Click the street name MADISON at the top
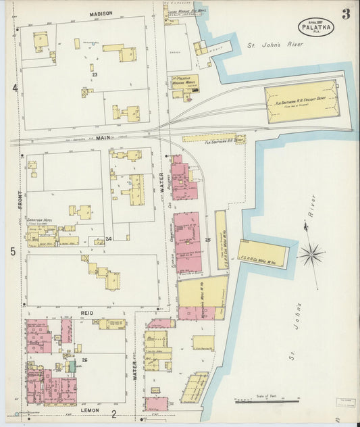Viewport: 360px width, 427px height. [101, 14]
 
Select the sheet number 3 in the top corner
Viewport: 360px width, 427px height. [346, 14]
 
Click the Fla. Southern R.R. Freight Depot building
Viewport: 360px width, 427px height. [301, 101]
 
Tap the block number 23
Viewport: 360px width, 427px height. [95, 74]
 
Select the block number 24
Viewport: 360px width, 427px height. [108, 239]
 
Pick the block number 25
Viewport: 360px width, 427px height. [208, 239]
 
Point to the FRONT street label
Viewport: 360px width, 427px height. [20, 199]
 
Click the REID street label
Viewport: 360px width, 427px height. [86, 313]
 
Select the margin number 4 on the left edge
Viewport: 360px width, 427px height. [14, 87]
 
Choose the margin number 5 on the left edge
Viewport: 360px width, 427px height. [14, 252]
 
